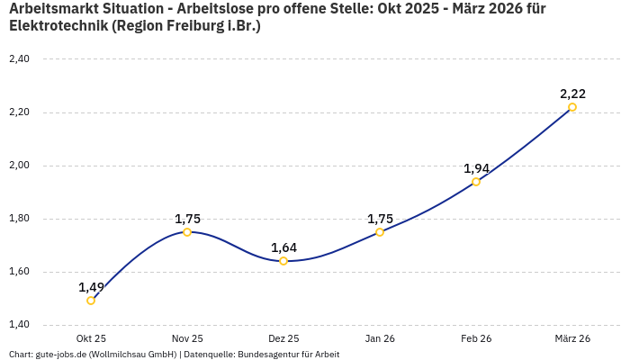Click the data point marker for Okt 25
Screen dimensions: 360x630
coord(91,301)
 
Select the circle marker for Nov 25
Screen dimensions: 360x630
coord(187,232)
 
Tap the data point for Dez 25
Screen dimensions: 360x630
coord(283,261)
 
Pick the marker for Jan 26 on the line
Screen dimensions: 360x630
coord(380,232)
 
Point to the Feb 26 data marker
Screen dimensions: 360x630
coord(476,182)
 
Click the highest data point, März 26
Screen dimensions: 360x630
coord(572,107)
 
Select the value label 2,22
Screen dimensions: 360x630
coord(572,94)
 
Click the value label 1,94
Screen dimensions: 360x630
coord(476,168)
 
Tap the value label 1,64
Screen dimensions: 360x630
coord(283,247)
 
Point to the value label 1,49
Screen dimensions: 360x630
coord(91,287)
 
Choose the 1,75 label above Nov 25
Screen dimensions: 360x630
coord(187,219)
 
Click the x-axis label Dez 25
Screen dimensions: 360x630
coord(283,339)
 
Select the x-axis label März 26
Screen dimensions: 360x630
coord(572,339)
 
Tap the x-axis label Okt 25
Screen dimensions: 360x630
coord(91,339)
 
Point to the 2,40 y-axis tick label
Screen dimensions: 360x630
coord(19,59)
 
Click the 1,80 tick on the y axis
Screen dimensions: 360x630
coord(19,219)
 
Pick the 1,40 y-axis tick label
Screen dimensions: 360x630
coord(19,325)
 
